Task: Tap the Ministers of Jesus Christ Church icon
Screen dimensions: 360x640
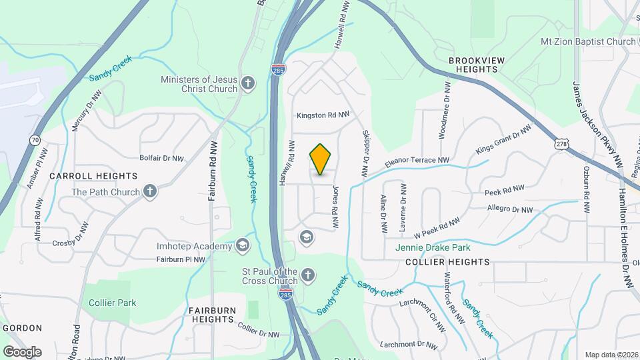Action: pyautogui.click(x=248, y=83)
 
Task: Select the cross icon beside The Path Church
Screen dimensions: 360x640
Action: pyautogui.click(x=150, y=192)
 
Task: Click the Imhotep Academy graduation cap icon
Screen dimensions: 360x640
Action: pyautogui.click(x=242, y=246)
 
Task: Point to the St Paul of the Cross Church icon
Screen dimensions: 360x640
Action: pyautogui.click(x=307, y=275)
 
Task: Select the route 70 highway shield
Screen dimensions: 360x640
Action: pyautogui.click(x=35, y=140)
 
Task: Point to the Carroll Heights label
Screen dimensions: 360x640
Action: pyautogui.click(x=93, y=176)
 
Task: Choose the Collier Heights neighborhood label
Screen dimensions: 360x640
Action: pyautogui.click(x=447, y=262)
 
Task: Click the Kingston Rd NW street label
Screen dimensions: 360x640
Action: pyautogui.click(x=323, y=115)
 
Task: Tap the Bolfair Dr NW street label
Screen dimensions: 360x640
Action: pyautogui.click(x=161, y=159)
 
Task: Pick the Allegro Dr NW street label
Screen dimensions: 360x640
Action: pyautogui.click(x=509, y=209)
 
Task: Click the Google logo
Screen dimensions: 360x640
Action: pyautogui.click(x=22, y=351)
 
